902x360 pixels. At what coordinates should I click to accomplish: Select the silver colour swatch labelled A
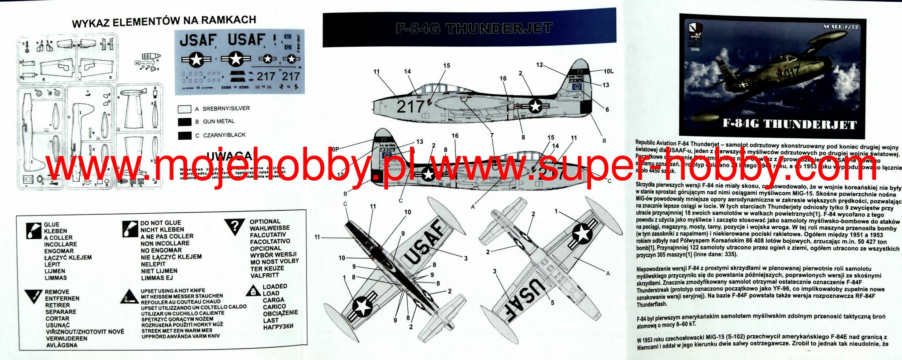pos(185,109)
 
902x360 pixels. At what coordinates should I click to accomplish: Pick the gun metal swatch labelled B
pos(185,122)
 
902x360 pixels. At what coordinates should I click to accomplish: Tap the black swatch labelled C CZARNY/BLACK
pos(185,135)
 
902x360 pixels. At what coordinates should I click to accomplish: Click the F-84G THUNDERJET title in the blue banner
pos(474,29)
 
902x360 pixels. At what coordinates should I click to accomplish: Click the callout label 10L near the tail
pos(608,71)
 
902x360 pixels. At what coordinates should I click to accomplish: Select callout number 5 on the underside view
pos(552,303)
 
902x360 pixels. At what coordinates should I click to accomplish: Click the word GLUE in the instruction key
pos(52,224)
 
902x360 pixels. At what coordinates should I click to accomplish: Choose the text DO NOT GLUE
pos(161,223)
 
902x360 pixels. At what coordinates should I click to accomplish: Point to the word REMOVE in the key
pos(57,292)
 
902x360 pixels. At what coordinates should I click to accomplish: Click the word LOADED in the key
pos(275,286)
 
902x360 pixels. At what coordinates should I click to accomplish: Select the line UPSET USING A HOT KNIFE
pos(173,291)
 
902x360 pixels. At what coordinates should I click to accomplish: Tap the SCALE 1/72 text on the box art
pos(840,27)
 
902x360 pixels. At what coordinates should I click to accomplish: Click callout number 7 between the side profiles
pos(492,135)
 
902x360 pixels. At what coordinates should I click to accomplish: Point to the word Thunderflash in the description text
pos(651,304)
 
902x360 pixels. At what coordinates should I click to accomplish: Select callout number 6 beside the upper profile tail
pos(607,110)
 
